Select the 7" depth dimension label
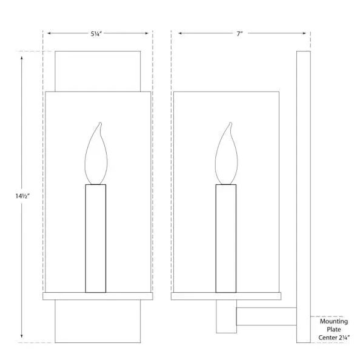(239, 34)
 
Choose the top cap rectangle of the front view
(98, 72)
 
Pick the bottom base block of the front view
(98, 321)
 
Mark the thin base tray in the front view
(98, 296)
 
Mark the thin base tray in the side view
(226, 296)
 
